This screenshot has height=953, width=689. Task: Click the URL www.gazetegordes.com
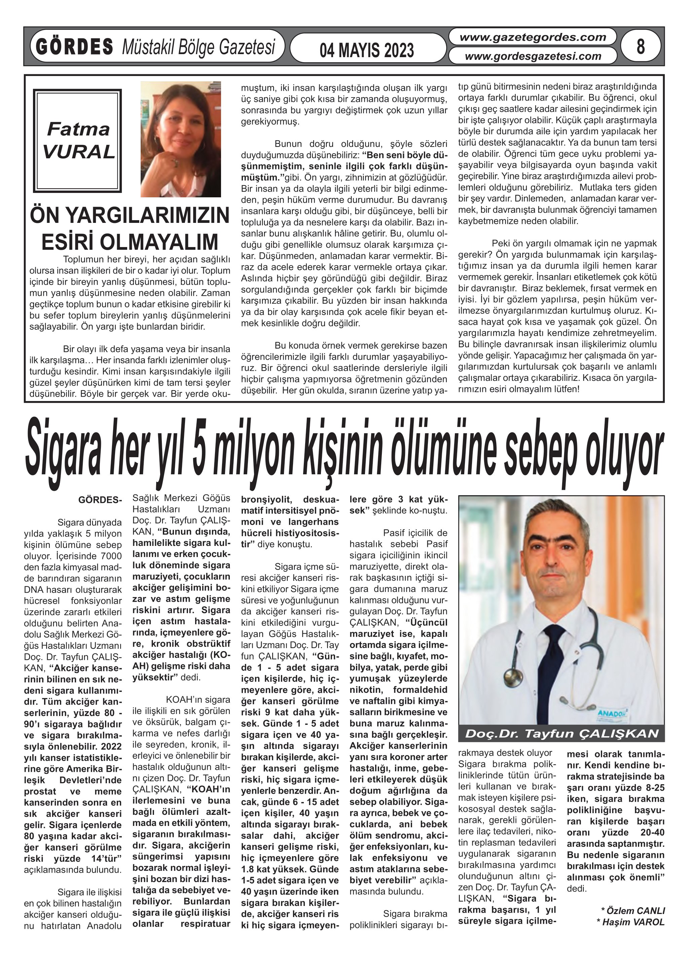coord(533,37)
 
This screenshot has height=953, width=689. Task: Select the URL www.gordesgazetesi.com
coord(533,56)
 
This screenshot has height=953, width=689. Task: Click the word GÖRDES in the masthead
coord(74,47)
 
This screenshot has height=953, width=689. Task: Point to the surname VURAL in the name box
coord(79,152)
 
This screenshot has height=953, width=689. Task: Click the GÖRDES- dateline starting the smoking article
coord(100,500)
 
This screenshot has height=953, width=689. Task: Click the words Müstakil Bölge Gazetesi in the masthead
coord(198,47)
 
